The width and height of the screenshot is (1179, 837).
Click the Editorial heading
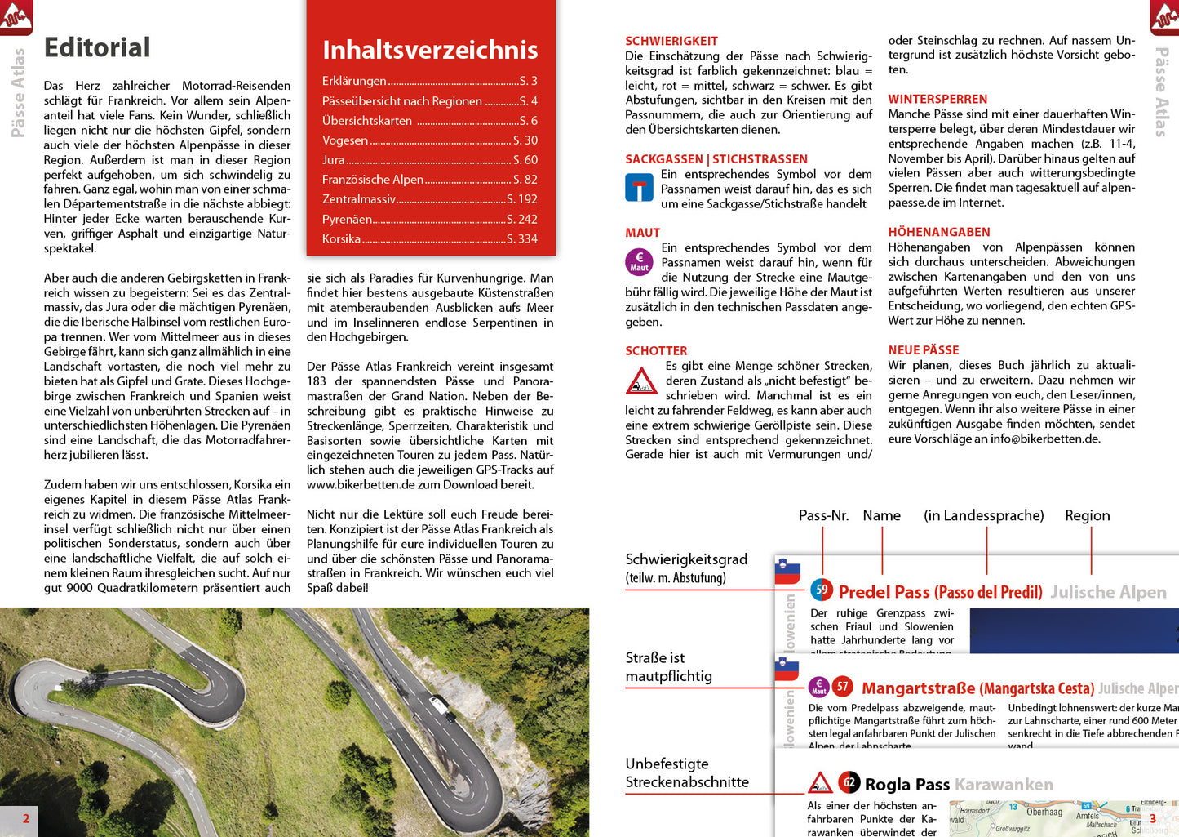(x=97, y=47)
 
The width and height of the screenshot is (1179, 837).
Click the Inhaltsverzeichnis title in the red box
(x=430, y=50)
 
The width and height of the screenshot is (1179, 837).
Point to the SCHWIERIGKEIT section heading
(x=671, y=41)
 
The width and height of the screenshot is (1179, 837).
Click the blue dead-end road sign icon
(x=640, y=188)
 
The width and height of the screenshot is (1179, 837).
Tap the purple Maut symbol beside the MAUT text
(x=640, y=261)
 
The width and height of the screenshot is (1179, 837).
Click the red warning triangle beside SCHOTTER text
(x=641, y=381)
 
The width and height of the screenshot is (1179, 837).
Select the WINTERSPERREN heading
(x=937, y=99)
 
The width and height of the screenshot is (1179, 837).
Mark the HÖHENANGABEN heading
(x=939, y=232)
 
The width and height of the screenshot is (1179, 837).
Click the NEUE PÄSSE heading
(x=924, y=349)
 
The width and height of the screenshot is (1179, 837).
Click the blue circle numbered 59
(x=822, y=590)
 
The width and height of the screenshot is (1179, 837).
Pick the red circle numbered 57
(x=843, y=687)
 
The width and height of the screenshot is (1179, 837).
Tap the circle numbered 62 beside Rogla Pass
(x=849, y=782)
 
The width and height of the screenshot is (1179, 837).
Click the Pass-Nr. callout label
(x=823, y=515)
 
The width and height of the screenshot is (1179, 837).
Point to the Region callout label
(x=1087, y=515)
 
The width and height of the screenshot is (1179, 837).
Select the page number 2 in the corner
(x=26, y=818)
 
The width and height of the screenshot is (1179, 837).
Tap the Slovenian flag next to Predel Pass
(x=787, y=572)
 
